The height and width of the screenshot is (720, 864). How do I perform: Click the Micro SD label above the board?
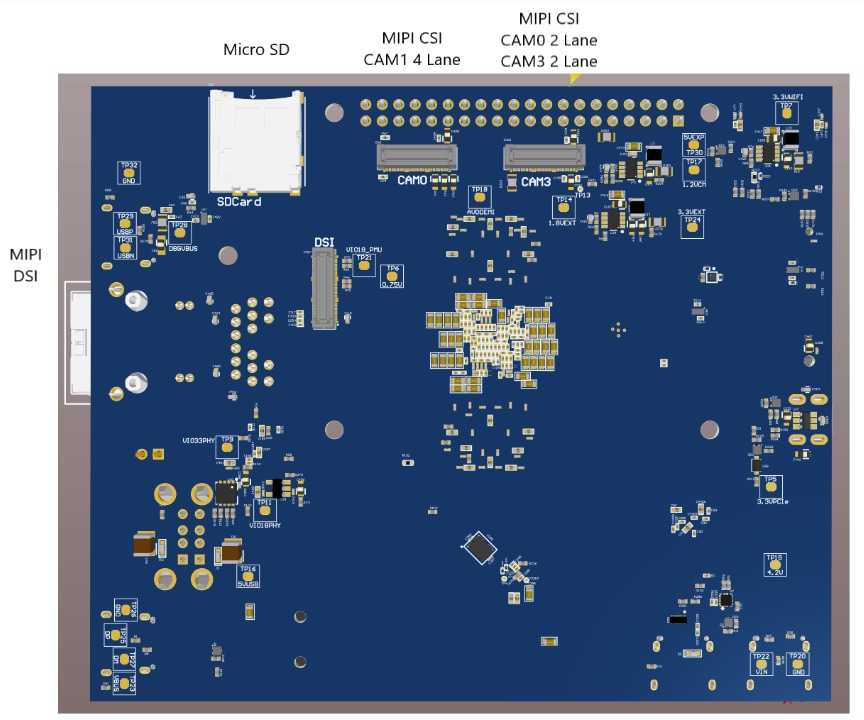(256, 49)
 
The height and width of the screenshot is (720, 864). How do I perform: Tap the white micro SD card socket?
(254, 140)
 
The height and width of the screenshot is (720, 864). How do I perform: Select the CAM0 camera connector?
(415, 156)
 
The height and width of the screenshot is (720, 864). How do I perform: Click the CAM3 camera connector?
(544, 156)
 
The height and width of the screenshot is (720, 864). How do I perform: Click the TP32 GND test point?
(129, 172)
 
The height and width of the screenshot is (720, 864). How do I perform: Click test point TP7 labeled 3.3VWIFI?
(787, 113)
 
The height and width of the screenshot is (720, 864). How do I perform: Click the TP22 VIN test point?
(762, 664)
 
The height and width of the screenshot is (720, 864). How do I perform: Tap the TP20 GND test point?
(797, 664)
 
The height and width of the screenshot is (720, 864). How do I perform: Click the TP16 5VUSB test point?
(247, 574)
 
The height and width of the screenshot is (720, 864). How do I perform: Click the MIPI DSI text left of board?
(25, 265)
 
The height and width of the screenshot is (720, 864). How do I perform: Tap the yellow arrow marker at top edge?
(574, 78)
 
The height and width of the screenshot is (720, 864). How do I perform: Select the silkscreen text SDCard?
(239, 201)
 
